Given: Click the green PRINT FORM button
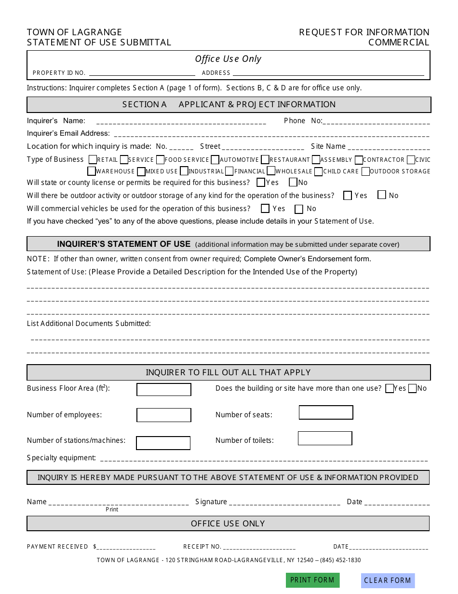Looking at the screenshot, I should (312, 580).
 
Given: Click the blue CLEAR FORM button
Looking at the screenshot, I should (388, 580).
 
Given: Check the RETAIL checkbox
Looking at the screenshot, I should (93, 159).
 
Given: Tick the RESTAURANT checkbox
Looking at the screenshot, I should (265, 159).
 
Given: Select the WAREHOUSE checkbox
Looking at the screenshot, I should (92, 171).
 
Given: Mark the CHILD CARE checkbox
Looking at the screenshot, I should (318, 171).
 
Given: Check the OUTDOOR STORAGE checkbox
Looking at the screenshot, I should (365, 171).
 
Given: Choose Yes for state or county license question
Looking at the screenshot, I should (261, 183).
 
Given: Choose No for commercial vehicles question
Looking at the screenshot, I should (299, 209).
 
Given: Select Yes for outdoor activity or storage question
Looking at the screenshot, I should (347, 196).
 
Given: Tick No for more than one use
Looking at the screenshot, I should (412, 389).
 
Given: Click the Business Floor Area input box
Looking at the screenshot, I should (163, 390).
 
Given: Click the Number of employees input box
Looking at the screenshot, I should (163, 415).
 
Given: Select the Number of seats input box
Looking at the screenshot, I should (326, 412).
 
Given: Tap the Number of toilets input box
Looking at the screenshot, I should (325, 438).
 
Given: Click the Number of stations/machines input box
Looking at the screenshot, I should (163, 443).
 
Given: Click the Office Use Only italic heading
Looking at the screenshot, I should (228, 59).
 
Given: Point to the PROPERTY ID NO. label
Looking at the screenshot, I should (59, 73).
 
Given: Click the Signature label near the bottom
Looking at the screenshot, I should (211, 502).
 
